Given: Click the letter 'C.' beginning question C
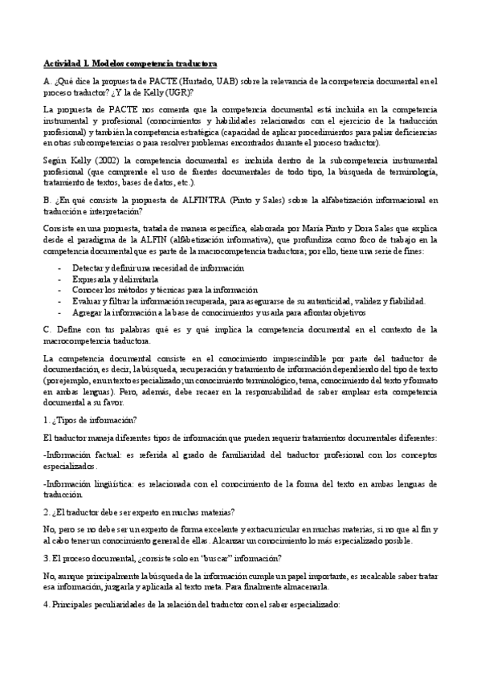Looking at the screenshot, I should [47, 329].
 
